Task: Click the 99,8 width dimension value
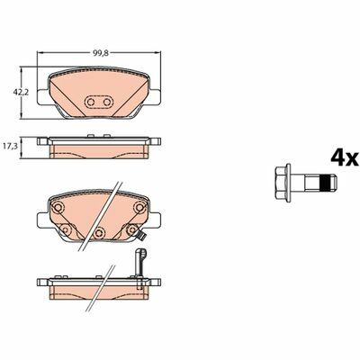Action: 100,53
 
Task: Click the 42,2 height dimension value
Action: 21,93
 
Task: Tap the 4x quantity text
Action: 345,158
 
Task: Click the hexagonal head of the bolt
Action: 280,183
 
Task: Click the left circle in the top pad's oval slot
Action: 91,103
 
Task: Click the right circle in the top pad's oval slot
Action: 107,103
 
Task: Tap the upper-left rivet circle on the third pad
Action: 57,207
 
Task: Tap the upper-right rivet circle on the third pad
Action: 139,207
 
